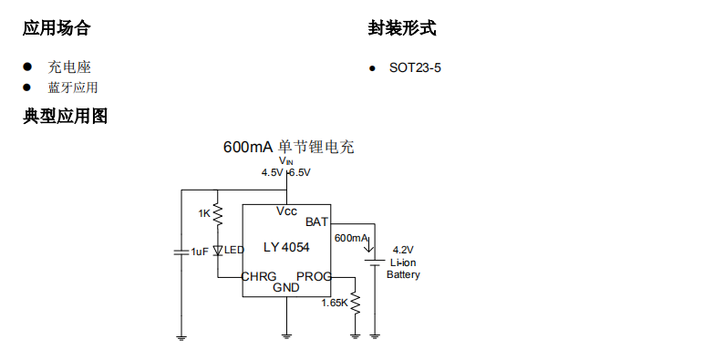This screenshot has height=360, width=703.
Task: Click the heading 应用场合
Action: (57, 28)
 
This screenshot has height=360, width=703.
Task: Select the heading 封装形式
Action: (402, 28)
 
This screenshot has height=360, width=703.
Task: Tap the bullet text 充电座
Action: (69, 67)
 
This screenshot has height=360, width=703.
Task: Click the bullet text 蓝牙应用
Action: (73, 87)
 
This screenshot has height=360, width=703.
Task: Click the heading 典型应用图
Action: (66, 117)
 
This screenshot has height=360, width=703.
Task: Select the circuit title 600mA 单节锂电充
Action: (288, 147)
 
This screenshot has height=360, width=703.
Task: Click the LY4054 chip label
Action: (286, 248)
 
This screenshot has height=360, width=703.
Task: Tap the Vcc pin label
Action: (286, 211)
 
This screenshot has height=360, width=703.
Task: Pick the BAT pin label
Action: (316, 221)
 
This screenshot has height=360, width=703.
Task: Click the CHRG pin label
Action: (260, 276)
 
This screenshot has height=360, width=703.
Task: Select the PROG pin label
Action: (314, 276)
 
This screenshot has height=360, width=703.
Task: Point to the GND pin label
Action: (286, 288)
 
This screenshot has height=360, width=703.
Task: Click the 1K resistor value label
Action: (204, 213)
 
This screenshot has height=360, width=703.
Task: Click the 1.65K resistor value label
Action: (335, 302)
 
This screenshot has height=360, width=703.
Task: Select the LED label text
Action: (234, 251)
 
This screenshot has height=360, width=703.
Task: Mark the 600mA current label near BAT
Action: (350, 238)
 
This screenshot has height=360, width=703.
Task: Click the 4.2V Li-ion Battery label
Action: (403, 262)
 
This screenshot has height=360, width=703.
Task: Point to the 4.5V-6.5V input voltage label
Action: (286, 172)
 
